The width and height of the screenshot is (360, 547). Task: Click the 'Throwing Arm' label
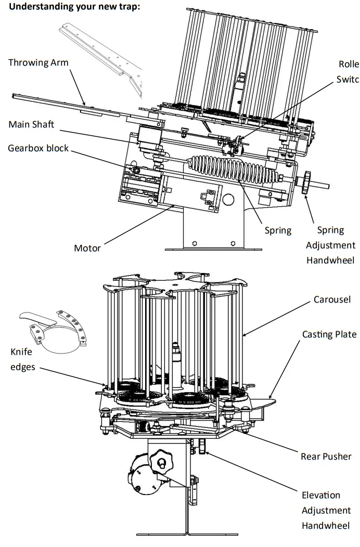pos(38,62)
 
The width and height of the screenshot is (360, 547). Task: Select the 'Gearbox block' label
pos(38,148)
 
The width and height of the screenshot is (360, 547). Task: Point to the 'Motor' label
pos(87,248)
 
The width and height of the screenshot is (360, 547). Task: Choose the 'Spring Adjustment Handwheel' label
pos(330,245)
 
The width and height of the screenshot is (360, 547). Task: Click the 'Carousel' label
pos(331,300)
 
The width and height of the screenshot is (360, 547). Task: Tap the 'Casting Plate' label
pos(329,334)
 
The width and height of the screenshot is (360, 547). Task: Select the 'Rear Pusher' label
pos(326,457)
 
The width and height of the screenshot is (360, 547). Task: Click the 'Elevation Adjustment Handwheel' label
pos(327,510)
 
